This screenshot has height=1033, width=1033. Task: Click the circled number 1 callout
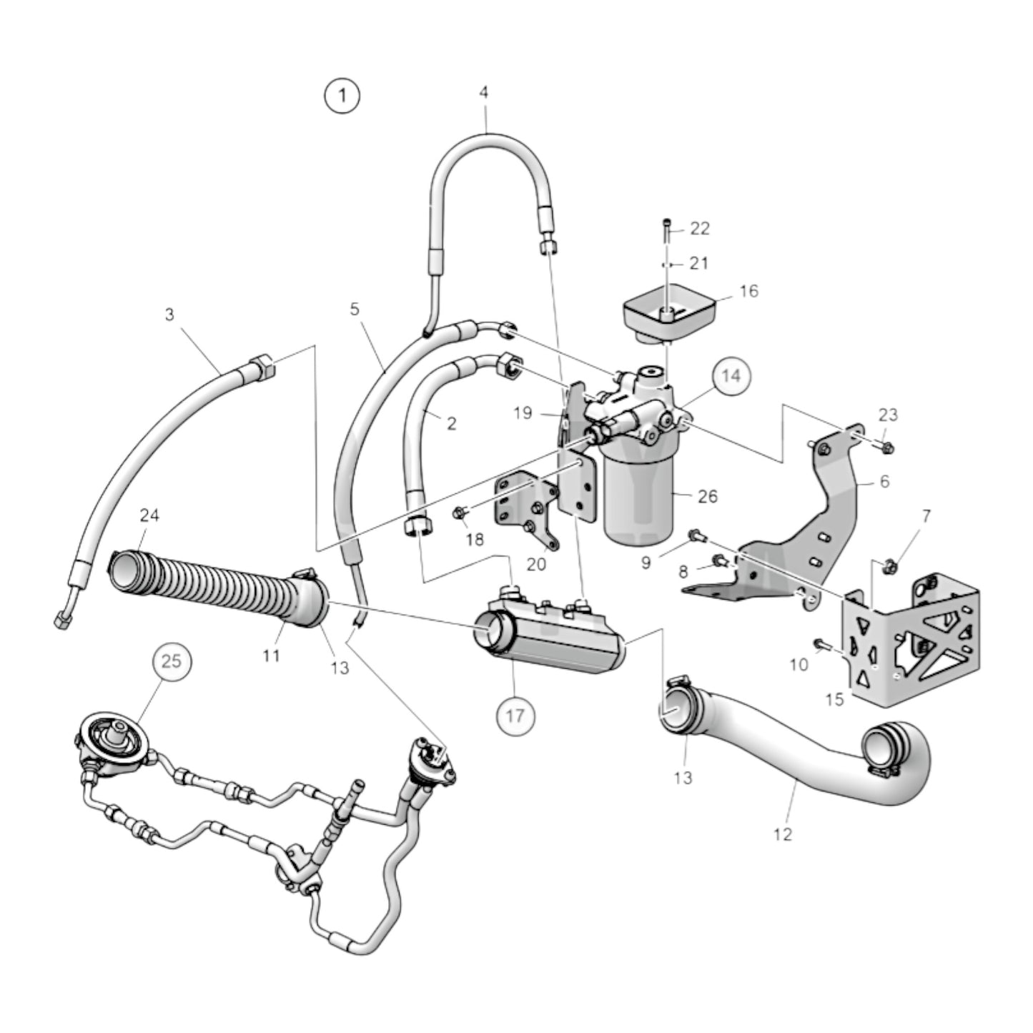(x=342, y=97)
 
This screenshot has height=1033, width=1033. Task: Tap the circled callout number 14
(x=731, y=376)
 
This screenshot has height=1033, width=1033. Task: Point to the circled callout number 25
(x=172, y=661)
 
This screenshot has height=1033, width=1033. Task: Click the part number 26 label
(x=708, y=496)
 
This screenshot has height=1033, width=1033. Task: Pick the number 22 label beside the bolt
(x=700, y=229)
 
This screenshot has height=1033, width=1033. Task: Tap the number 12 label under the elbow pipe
(x=783, y=835)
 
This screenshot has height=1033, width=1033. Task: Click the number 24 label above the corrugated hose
(x=149, y=515)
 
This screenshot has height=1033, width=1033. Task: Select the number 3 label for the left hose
(x=169, y=315)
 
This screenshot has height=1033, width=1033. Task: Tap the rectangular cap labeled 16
(x=670, y=314)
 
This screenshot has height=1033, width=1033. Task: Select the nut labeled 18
(x=460, y=513)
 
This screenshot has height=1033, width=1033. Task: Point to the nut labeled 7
(x=891, y=565)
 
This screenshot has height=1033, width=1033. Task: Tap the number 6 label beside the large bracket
(x=884, y=481)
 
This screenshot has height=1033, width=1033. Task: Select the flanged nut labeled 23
(x=886, y=445)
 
